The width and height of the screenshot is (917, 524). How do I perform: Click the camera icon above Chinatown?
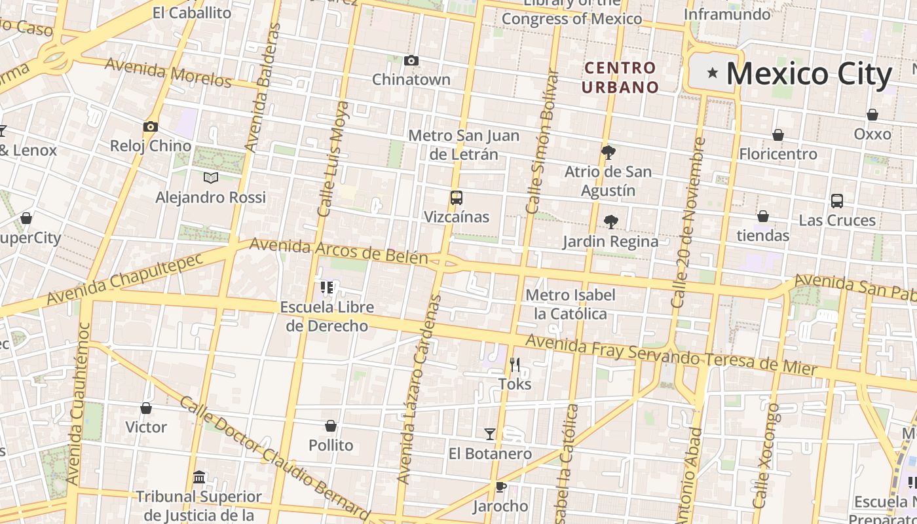click(411, 61)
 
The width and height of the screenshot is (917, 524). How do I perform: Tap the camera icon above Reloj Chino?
click(151, 127)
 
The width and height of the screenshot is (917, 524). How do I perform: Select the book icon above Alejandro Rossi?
click(211, 178)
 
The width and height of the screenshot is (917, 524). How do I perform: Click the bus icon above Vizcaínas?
click(457, 198)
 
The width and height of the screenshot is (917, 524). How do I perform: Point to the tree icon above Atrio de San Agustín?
click(608, 153)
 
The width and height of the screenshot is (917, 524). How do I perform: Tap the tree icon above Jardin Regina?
click(611, 222)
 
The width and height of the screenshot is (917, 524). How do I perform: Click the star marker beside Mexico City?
click(713, 73)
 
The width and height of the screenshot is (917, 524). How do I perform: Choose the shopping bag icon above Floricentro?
click(778, 135)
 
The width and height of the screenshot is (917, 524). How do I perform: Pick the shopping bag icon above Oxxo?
click(872, 115)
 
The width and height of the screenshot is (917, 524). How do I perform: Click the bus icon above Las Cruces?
click(837, 201)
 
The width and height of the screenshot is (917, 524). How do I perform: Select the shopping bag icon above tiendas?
click(763, 216)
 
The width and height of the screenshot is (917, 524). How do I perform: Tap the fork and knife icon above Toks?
click(515, 365)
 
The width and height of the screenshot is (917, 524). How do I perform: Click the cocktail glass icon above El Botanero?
click(490, 434)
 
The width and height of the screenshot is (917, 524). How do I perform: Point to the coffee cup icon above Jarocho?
click(500, 487)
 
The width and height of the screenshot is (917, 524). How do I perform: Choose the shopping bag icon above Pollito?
click(331, 426)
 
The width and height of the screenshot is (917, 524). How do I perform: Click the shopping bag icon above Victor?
click(146, 408)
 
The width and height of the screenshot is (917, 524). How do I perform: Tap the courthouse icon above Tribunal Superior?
click(199, 477)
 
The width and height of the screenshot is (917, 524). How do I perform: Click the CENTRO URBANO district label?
click(620, 77)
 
